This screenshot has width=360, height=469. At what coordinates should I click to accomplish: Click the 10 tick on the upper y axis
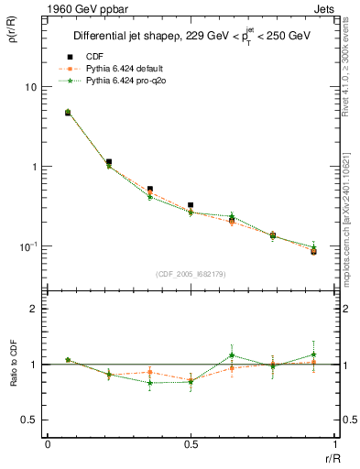click(x=30, y=87)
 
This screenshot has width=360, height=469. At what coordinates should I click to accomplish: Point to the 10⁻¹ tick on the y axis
click(x=28, y=247)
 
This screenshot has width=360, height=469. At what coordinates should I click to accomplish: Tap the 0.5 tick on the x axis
click(x=191, y=445)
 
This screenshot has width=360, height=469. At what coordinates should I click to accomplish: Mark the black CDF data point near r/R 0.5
click(x=191, y=205)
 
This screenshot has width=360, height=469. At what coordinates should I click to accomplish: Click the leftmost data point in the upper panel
click(x=68, y=113)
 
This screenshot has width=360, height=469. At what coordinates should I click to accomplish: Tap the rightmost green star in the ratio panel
click(x=313, y=354)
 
